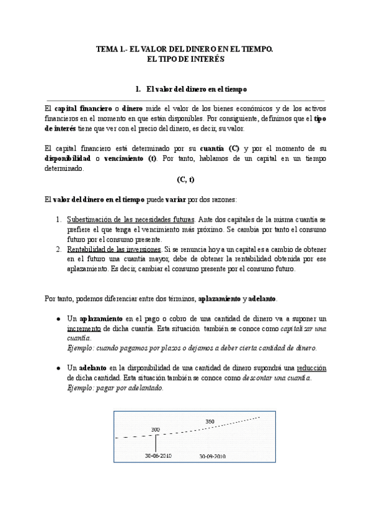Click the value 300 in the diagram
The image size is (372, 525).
tap(155, 428)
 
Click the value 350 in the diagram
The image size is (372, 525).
tap(210, 422)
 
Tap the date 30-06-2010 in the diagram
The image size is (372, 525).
tap(158, 455)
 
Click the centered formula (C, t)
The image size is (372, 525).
tap(185, 180)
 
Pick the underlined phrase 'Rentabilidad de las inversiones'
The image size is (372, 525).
tap(115, 249)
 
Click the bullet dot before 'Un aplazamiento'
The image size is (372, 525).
tap(58, 318)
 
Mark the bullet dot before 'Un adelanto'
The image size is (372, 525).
tap(58, 368)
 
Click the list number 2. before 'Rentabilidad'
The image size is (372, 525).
tap(59, 249)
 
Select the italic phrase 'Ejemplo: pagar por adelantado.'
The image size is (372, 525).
tap(115, 388)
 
